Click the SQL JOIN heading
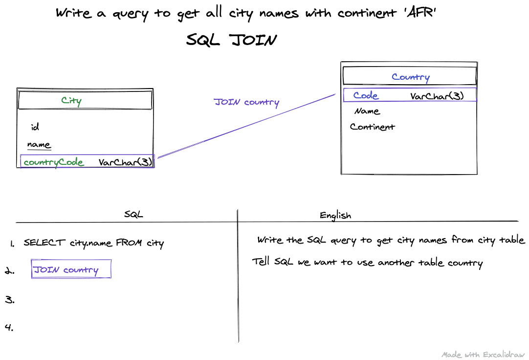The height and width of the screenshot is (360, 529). pos(231,40)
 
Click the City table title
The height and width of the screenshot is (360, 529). pos(71,101)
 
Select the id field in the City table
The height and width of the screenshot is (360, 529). pos(35,127)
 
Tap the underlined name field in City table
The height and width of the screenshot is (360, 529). pos(39,145)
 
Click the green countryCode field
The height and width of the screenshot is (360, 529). pos(53,162)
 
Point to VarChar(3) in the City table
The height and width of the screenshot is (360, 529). pos(125,162)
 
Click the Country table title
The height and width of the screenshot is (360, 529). pos(411,77)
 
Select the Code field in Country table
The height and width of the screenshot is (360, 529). pos(366,95)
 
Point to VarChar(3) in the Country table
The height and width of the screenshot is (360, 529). pos(437,96)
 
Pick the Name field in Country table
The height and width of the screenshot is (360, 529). pos(367,111)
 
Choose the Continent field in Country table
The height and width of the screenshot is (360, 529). pos(372,127)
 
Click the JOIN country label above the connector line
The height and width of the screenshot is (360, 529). pos(246,102)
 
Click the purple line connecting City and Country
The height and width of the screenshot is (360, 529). pos(246,126)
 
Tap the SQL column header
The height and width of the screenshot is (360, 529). pos(133,214)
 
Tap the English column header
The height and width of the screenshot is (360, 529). pos(335,215)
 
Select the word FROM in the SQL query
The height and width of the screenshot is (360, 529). pos(129,243)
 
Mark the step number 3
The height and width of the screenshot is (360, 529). pos(9,300)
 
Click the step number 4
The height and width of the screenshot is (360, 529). pos(9,327)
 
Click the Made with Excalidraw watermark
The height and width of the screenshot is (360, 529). pos(483,355)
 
